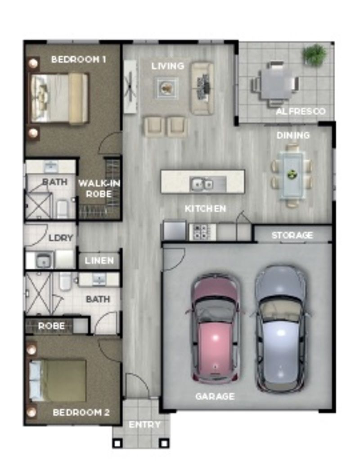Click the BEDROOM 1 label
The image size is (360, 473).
[x=78, y=59]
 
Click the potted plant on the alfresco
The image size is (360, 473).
[x=314, y=54]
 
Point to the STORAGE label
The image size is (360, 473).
[x=292, y=235]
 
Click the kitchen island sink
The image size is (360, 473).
[x=202, y=183]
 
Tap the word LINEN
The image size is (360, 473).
[x=99, y=261]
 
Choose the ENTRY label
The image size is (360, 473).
[x=144, y=425]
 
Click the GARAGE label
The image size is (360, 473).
[x=215, y=396]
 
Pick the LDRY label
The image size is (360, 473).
[x=61, y=238]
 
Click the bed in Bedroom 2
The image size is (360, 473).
[x=58, y=381]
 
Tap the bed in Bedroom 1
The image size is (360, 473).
[x=58, y=98]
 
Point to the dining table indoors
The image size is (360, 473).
[x=292, y=175]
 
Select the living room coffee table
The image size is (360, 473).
[x=167, y=87]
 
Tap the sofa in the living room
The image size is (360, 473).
[x=202, y=88]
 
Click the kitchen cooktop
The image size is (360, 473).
[x=200, y=232]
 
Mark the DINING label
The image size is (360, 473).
[x=293, y=135]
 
